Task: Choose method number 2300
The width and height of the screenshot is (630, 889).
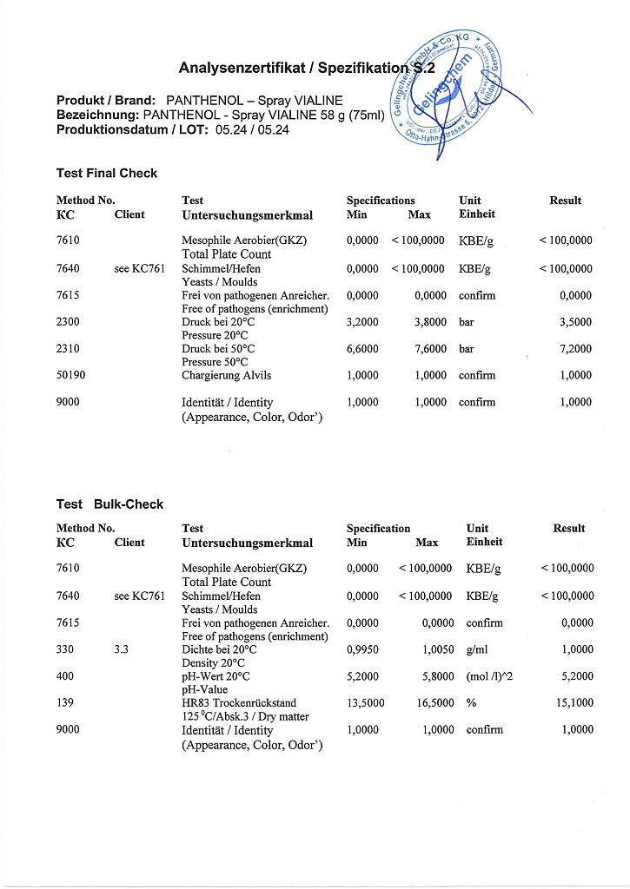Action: point(68,322)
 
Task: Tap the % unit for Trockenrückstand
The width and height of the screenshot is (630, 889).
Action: point(471,703)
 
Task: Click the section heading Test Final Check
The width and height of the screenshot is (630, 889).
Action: point(107,174)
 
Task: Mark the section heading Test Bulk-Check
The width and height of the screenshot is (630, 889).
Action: point(109,504)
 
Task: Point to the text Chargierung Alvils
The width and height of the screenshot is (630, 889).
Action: point(227,376)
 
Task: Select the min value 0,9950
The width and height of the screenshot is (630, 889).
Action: point(363,649)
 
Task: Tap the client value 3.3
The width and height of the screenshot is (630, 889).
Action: point(122,649)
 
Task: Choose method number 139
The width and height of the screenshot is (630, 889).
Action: point(65,703)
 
